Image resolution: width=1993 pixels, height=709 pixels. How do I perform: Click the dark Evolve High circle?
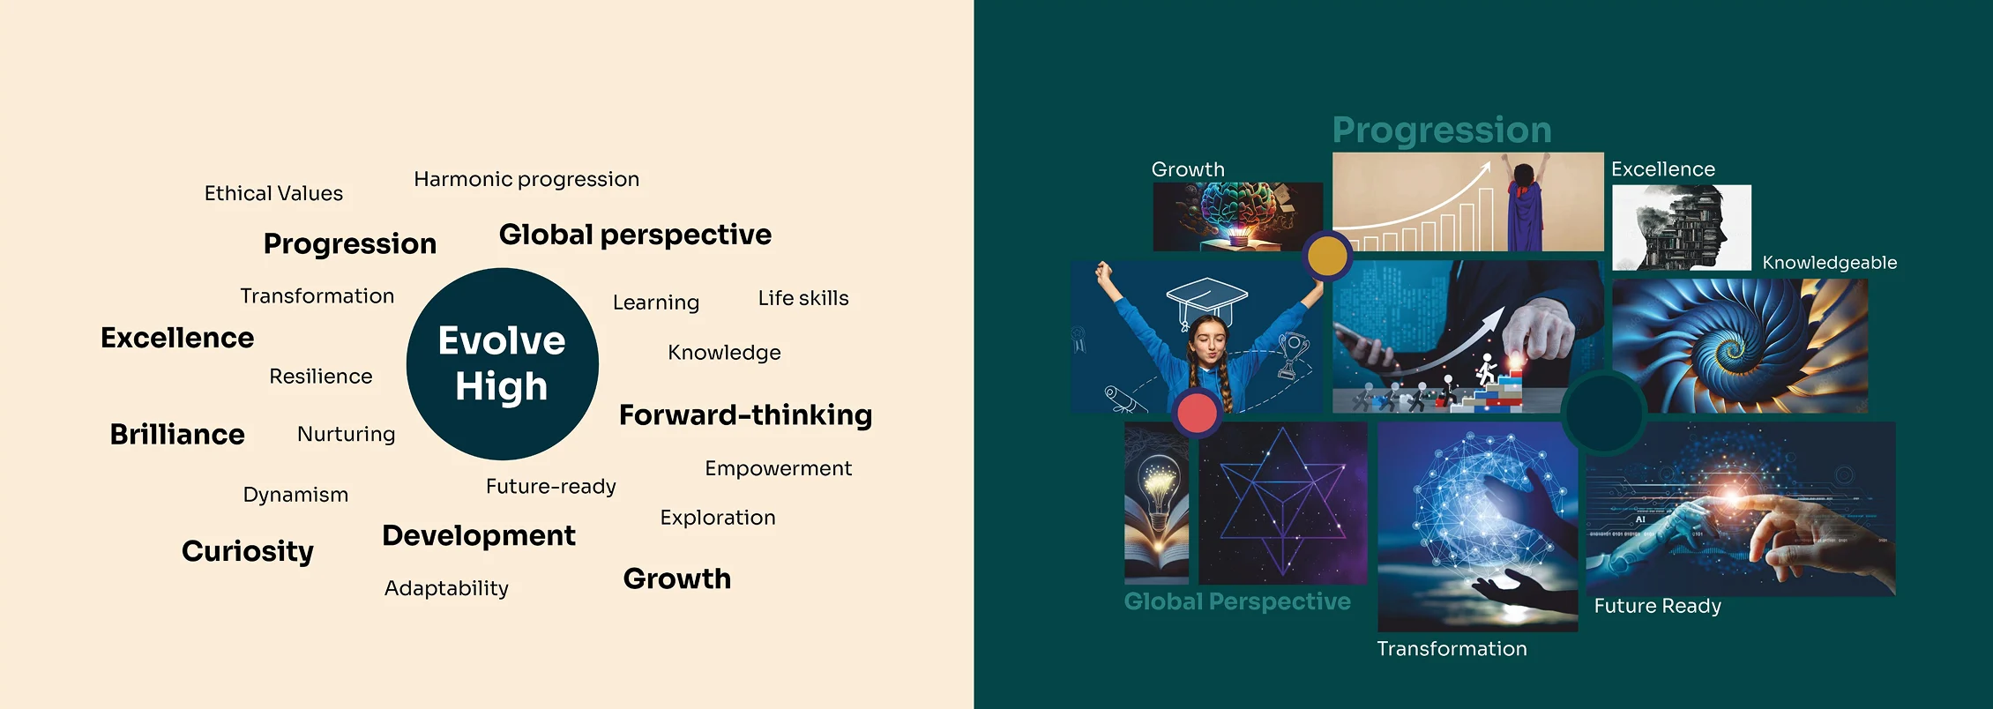[x=502, y=363]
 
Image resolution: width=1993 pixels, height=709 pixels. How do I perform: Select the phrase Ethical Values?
[x=273, y=193]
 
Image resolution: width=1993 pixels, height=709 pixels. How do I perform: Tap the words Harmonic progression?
[x=526, y=180]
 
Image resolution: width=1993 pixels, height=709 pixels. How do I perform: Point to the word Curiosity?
[x=248, y=551]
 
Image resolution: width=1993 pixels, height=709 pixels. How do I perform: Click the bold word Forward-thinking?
[x=745, y=414]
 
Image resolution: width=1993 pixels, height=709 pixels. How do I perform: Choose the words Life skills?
[x=803, y=298]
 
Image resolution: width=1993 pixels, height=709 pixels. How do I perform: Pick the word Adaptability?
[x=446, y=588]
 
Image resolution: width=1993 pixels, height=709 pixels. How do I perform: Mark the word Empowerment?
[x=778, y=469]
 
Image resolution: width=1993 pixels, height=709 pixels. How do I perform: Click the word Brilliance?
[x=177, y=434]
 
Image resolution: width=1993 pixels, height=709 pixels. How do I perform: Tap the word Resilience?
[x=321, y=377]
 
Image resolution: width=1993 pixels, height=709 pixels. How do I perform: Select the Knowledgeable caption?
[x=1830, y=263]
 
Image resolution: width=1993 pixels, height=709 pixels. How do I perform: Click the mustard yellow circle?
[x=1327, y=256]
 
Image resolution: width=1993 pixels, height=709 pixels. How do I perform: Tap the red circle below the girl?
[x=1197, y=413]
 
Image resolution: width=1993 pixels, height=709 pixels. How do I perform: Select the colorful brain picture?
[x=1238, y=216]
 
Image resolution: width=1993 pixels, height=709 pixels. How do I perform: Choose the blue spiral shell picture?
[x=1740, y=346]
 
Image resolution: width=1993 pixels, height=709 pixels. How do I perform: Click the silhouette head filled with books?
[x=1681, y=227]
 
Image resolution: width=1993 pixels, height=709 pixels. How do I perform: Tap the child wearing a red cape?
[x=1525, y=205]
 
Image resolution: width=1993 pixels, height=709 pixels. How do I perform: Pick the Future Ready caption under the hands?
[x=1658, y=607]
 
